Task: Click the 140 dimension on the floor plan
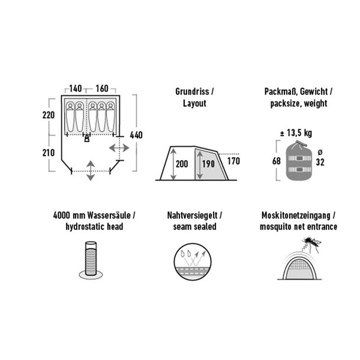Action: coord(76,89)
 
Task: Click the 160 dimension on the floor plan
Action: coord(101,89)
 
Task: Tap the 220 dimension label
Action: coord(50,115)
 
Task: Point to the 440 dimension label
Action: coord(136,134)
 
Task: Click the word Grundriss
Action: coord(188,93)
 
